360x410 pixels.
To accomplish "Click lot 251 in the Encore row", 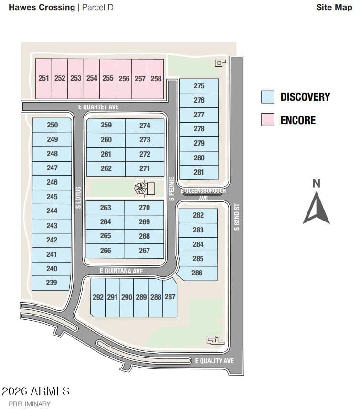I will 44,78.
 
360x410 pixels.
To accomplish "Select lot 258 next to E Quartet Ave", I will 156,78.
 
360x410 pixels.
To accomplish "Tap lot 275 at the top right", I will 199,86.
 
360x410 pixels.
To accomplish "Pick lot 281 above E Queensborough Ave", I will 199,172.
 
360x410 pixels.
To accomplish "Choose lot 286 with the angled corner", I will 197,273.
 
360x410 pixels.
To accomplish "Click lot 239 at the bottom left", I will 52,283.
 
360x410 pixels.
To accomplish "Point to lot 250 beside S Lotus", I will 53,125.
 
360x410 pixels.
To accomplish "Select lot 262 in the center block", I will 106,168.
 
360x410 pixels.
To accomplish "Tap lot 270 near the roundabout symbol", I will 144,208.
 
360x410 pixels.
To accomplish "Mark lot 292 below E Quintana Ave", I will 98,297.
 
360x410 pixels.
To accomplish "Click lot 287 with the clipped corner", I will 170,297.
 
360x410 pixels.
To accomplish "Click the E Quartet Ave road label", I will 98,107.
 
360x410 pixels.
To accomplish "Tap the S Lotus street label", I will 79,197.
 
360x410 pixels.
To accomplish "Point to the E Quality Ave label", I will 214,361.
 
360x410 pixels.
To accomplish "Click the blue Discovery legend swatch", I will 267,97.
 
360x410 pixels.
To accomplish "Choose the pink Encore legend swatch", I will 267,120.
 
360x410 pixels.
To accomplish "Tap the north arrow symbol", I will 316,208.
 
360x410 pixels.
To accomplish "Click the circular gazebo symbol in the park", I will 140,188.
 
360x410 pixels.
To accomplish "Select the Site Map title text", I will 334,7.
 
